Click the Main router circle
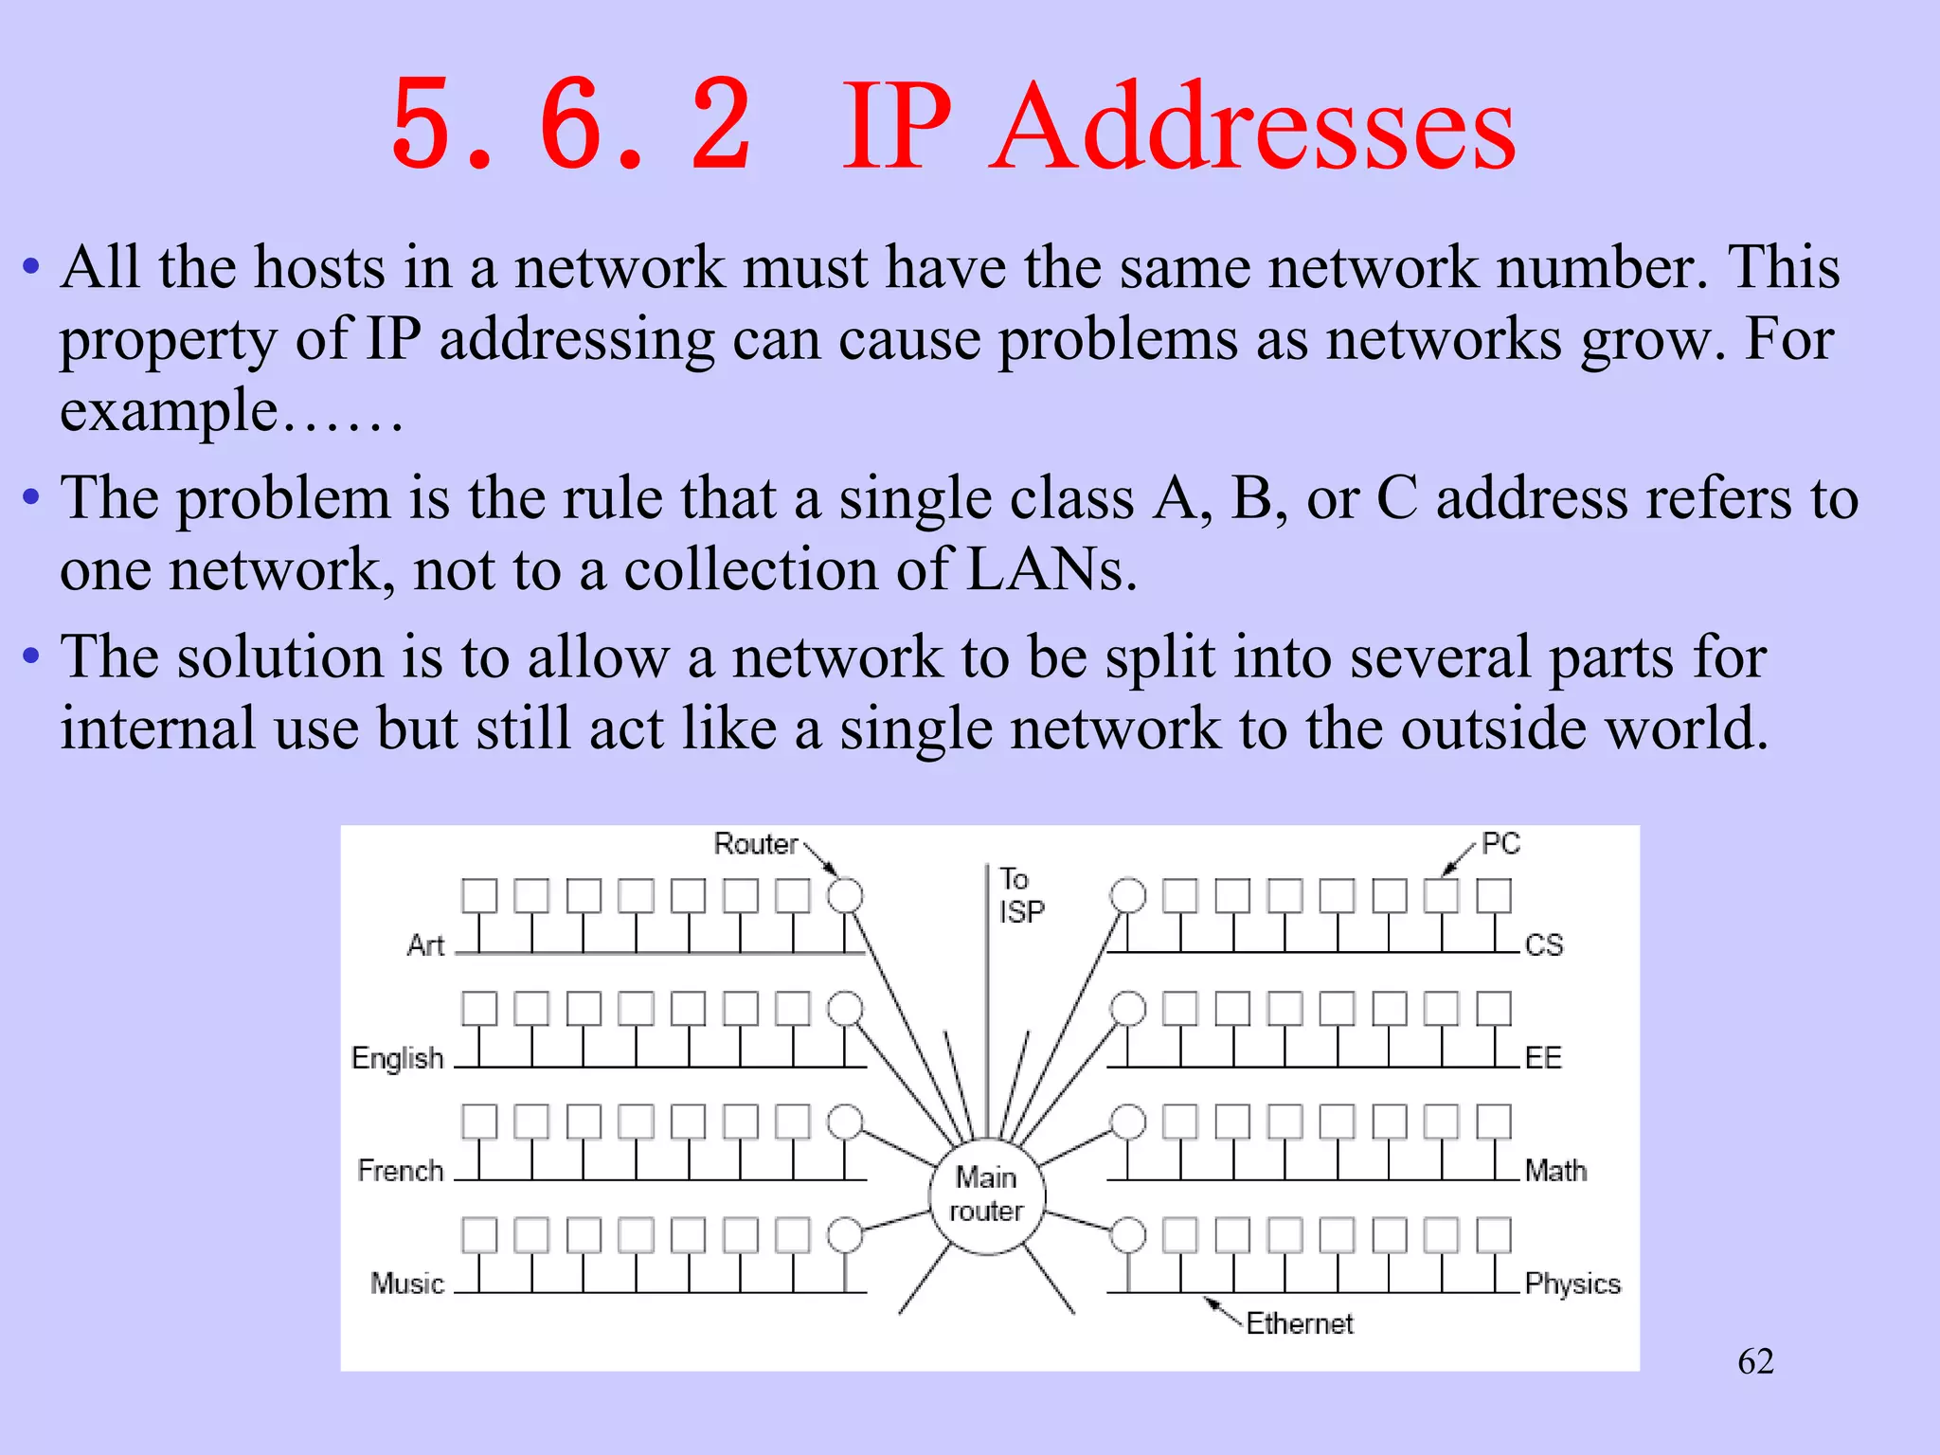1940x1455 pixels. tap(986, 1195)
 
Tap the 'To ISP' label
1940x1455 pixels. tap(1020, 895)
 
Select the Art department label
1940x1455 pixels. tap(425, 944)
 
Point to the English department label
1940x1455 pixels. tap(397, 1057)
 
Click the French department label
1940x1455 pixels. tap(400, 1171)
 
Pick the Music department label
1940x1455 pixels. tap(406, 1284)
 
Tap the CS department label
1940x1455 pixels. tap(1543, 944)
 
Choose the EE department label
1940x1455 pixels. tap(1542, 1057)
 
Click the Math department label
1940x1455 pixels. tap(1554, 1171)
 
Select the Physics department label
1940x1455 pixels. tap(1572, 1284)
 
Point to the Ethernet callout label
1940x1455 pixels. tap(1299, 1323)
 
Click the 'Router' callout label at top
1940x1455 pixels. tap(755, 843)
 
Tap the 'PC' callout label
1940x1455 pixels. tap(1500, 843)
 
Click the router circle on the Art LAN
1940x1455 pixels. tap(845, 895)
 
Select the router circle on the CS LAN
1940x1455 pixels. tap(1127, 895)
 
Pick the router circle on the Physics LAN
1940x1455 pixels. tap(1127, 1235)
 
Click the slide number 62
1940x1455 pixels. tap(1755, 1361)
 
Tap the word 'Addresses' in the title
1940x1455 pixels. tap(1252, 128)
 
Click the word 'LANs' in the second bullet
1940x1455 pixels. tap(1050, 570)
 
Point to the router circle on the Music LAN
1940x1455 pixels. tap(845, 1235)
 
